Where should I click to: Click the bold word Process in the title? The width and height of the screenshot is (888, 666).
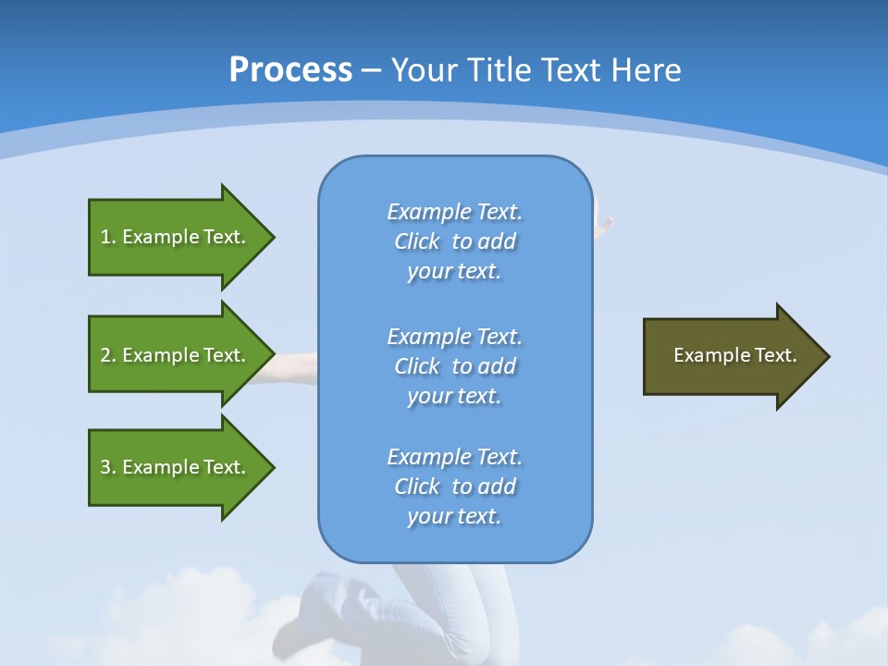(x=290, y=70)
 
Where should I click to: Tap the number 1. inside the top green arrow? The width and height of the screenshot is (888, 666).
(x=108, y=237)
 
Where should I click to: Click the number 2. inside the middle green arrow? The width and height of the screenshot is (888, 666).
(x=108, y=355)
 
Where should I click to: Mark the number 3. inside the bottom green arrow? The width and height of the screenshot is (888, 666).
(x=108, y=467)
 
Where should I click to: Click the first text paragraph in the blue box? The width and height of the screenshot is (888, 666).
(x=454, y=241)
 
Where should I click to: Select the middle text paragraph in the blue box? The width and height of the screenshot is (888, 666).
(x=454, y=366)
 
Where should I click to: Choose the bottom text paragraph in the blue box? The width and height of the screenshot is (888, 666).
(x=454, y=487)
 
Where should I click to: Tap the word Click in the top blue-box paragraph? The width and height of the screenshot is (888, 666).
(x=417, y=241)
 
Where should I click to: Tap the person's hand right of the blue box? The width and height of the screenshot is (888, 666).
(x=604, y=220)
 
